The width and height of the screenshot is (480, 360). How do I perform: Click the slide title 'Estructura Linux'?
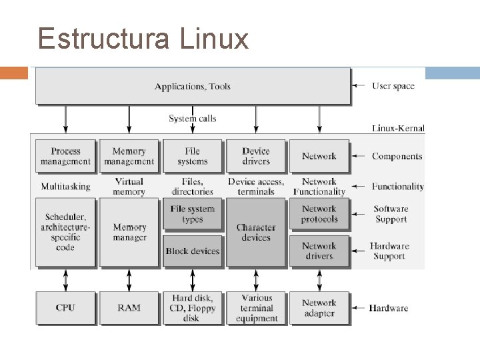pyautogui.click(x=143, y=39)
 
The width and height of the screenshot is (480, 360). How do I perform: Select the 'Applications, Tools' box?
pyautogui.click(x=192, y=86)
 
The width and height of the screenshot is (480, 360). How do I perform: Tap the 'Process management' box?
pyautogui.click(x=65, y=156)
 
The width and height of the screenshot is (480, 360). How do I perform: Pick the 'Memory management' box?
pyautogui.click(x=129, y=156)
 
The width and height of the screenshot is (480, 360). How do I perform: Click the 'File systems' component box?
pyautogui.click(x=192, y=156)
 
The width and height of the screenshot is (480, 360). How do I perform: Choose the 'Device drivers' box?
pyautogui.click(x=256, y=156)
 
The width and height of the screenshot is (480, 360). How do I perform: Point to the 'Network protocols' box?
pyautogui.click(x=319, y=214)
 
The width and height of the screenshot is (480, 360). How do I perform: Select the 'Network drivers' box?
pyautogui.click(x=319, y=251)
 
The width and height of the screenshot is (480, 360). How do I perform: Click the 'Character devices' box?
pyautogui.click(x=256, y=233)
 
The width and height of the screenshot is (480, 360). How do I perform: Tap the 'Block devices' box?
pyautogui.click(x=192, y=251)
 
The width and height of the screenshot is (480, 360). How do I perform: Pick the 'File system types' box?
pyautogui.click(x=192, y=214)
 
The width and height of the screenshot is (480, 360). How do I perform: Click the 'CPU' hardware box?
pyautogui.click(x=65, y=307)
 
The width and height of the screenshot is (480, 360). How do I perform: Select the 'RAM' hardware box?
pyautogui.click(x=129, y=307)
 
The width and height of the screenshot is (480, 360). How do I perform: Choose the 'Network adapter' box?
pyautogui.click(x=319, y=307)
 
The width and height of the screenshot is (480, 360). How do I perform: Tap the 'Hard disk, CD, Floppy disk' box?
pyautogui.click(x=192, y=307)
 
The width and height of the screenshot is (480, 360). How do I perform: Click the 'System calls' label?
pyautogui.click(x=192, y=119)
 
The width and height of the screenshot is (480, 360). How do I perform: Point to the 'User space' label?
pyautogui.click(x=393, y=85)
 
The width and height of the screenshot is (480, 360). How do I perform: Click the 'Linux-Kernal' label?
pyautogui.click(x=398, y=128)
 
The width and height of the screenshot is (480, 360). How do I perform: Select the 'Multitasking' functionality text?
pyautogui.click(x=65, y=186)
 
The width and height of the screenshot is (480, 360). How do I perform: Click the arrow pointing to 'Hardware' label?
pyautogui.click(x=359, y=308)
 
